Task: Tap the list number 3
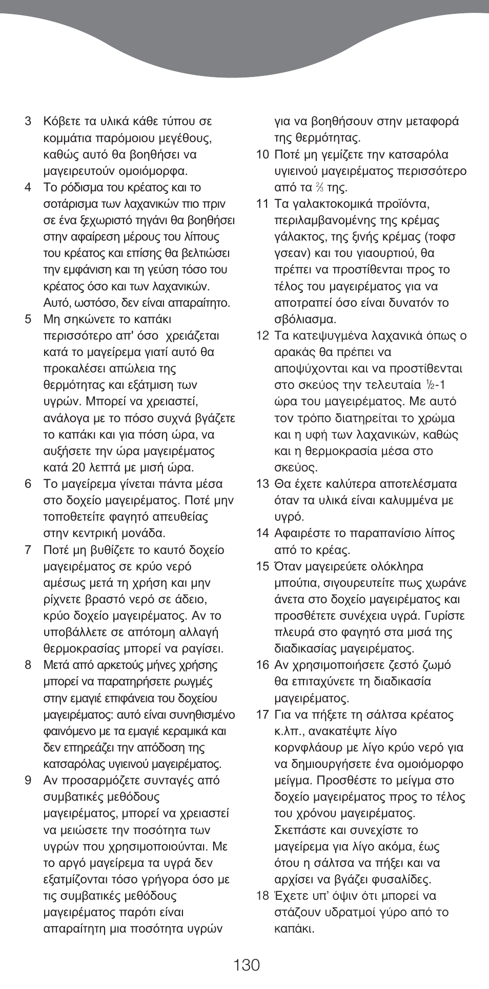(x=28, y=122)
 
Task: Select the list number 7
(x=28, y=550)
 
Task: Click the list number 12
(x=262, y=336)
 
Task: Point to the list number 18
(x=262, y=896)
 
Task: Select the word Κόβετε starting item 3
(x=62, y=122)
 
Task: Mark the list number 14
(x=262, y=533)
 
